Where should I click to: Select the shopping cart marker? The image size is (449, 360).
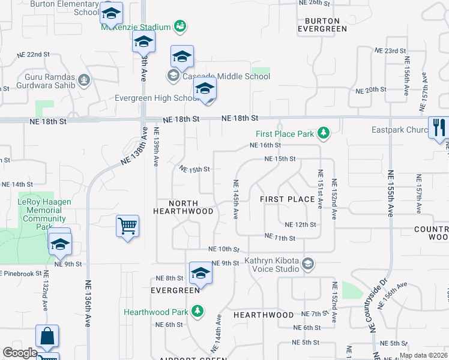127,227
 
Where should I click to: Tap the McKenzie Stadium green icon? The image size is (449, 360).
179,26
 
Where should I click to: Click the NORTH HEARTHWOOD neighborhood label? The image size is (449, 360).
183,207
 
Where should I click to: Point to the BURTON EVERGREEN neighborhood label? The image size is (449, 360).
322,24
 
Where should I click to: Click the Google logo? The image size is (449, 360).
20,353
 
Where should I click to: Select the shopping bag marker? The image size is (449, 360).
47,337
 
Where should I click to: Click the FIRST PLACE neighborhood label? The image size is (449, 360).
288,199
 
